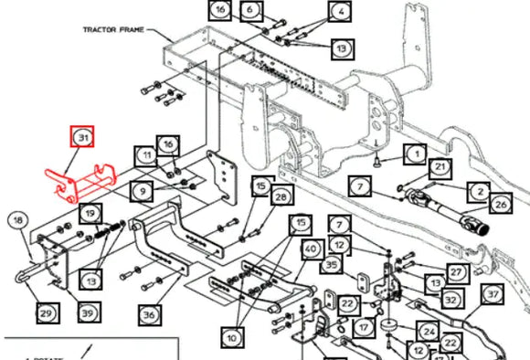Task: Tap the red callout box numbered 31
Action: point(83,139)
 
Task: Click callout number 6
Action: point(249,11)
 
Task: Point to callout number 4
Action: point(340,13)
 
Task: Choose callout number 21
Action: point(440,166)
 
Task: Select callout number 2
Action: point(479,191)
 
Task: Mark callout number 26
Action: point(501,205)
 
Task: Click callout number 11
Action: point(146,157)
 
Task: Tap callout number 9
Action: point(141,191)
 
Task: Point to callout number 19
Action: point(90,214)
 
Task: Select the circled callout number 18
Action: point(17,219)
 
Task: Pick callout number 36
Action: point(149,313)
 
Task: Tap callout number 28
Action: point(280,197)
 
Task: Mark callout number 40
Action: point(311,249)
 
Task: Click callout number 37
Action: point(493,294)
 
